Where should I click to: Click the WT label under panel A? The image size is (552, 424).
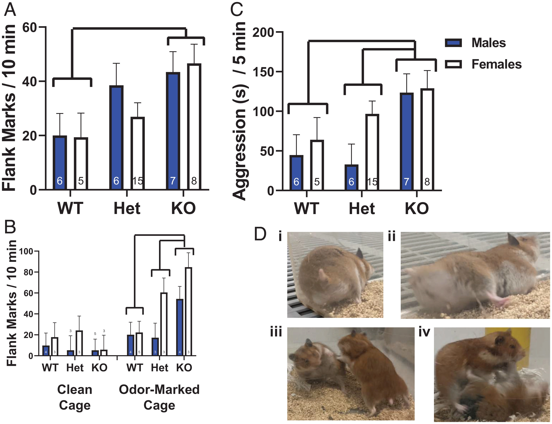pos(70,208)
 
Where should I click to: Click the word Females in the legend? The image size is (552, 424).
pos(496,64)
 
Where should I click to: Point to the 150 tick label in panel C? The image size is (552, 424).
pos(263,72)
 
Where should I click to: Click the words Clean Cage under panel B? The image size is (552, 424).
pos(75,397)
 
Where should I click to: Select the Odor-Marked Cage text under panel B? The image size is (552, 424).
pos(159,397)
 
